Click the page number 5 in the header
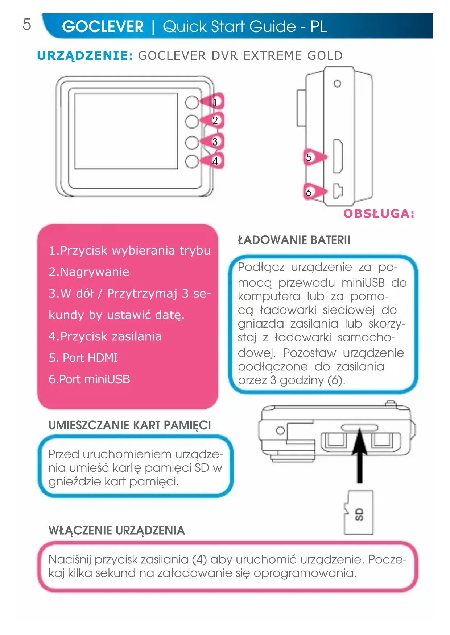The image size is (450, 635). pos(27,25)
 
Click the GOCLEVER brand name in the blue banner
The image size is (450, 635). pos(103,27)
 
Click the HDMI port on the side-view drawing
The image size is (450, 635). pos(338,156)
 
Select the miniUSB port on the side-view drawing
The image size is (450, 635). pos(338,191)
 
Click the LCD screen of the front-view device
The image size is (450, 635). pos(126,131)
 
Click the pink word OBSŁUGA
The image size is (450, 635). pos(379,214)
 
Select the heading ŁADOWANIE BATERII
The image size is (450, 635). pos(294,240)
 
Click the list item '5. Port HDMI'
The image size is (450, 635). pos(83,358)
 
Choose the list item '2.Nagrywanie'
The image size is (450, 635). pos(89,272)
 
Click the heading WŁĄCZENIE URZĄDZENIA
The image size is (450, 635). pos(116,530)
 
